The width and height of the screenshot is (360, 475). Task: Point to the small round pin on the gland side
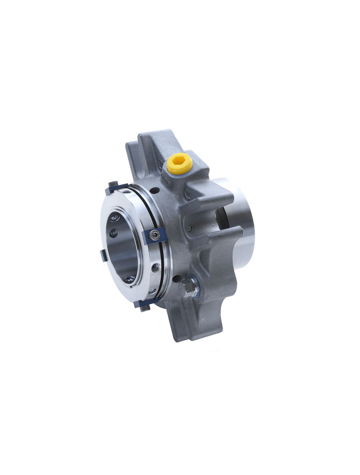pos(189,227)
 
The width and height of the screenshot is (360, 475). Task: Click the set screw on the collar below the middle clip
pos(156,267)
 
